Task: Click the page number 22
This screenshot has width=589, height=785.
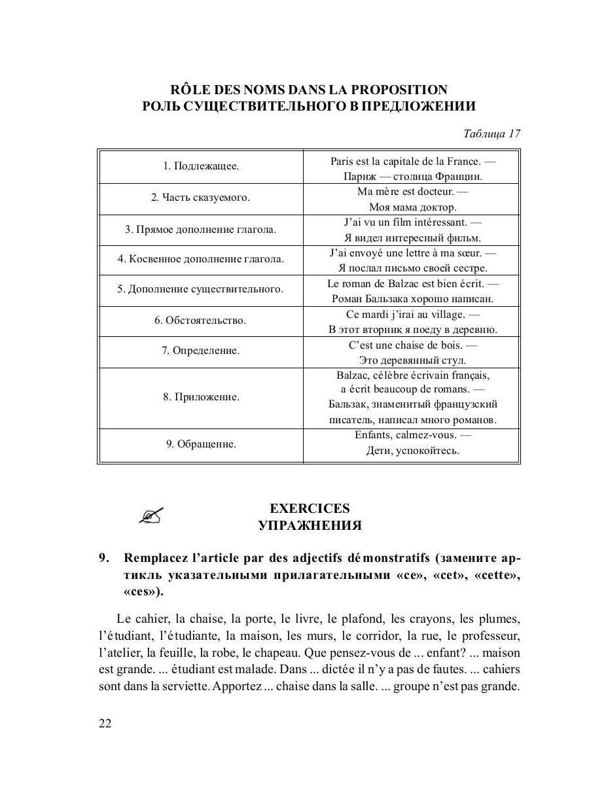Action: click(105, 723)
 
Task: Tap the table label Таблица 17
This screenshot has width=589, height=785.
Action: click(491, 133)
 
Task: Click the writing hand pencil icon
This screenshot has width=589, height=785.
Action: click(151, 516)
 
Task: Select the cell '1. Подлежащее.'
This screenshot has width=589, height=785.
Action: click(201, 166)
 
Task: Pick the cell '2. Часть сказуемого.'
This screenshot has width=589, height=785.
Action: click(201, 198)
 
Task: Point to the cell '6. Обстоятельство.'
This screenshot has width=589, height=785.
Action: click(201, 321)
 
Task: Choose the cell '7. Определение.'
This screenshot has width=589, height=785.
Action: click(201, 351)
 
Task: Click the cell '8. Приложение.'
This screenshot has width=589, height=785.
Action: click(201, 397)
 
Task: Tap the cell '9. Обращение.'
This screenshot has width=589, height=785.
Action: click(201, 444)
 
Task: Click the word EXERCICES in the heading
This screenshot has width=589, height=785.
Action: click(310, 508)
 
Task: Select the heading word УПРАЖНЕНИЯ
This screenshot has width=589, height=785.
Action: click(310, 525)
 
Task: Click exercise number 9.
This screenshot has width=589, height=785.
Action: click(103, 558)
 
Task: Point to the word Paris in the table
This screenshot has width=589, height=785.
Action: click(342, 161)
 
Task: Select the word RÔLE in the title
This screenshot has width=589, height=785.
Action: click(191, 90)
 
